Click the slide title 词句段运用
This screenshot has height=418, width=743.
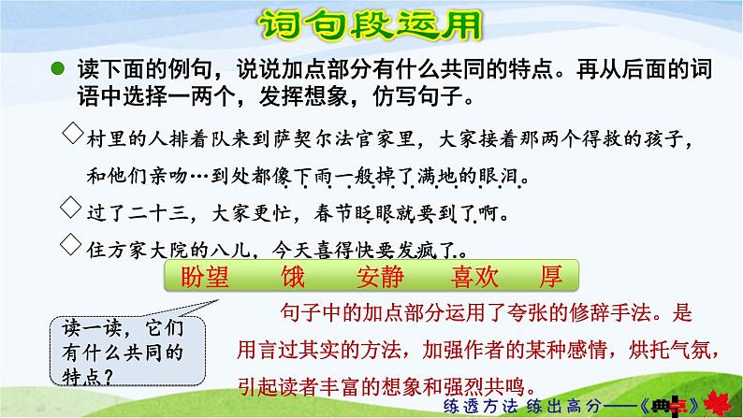(x=372, y=25)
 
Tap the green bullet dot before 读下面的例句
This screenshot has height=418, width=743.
(x=58, y=68)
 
